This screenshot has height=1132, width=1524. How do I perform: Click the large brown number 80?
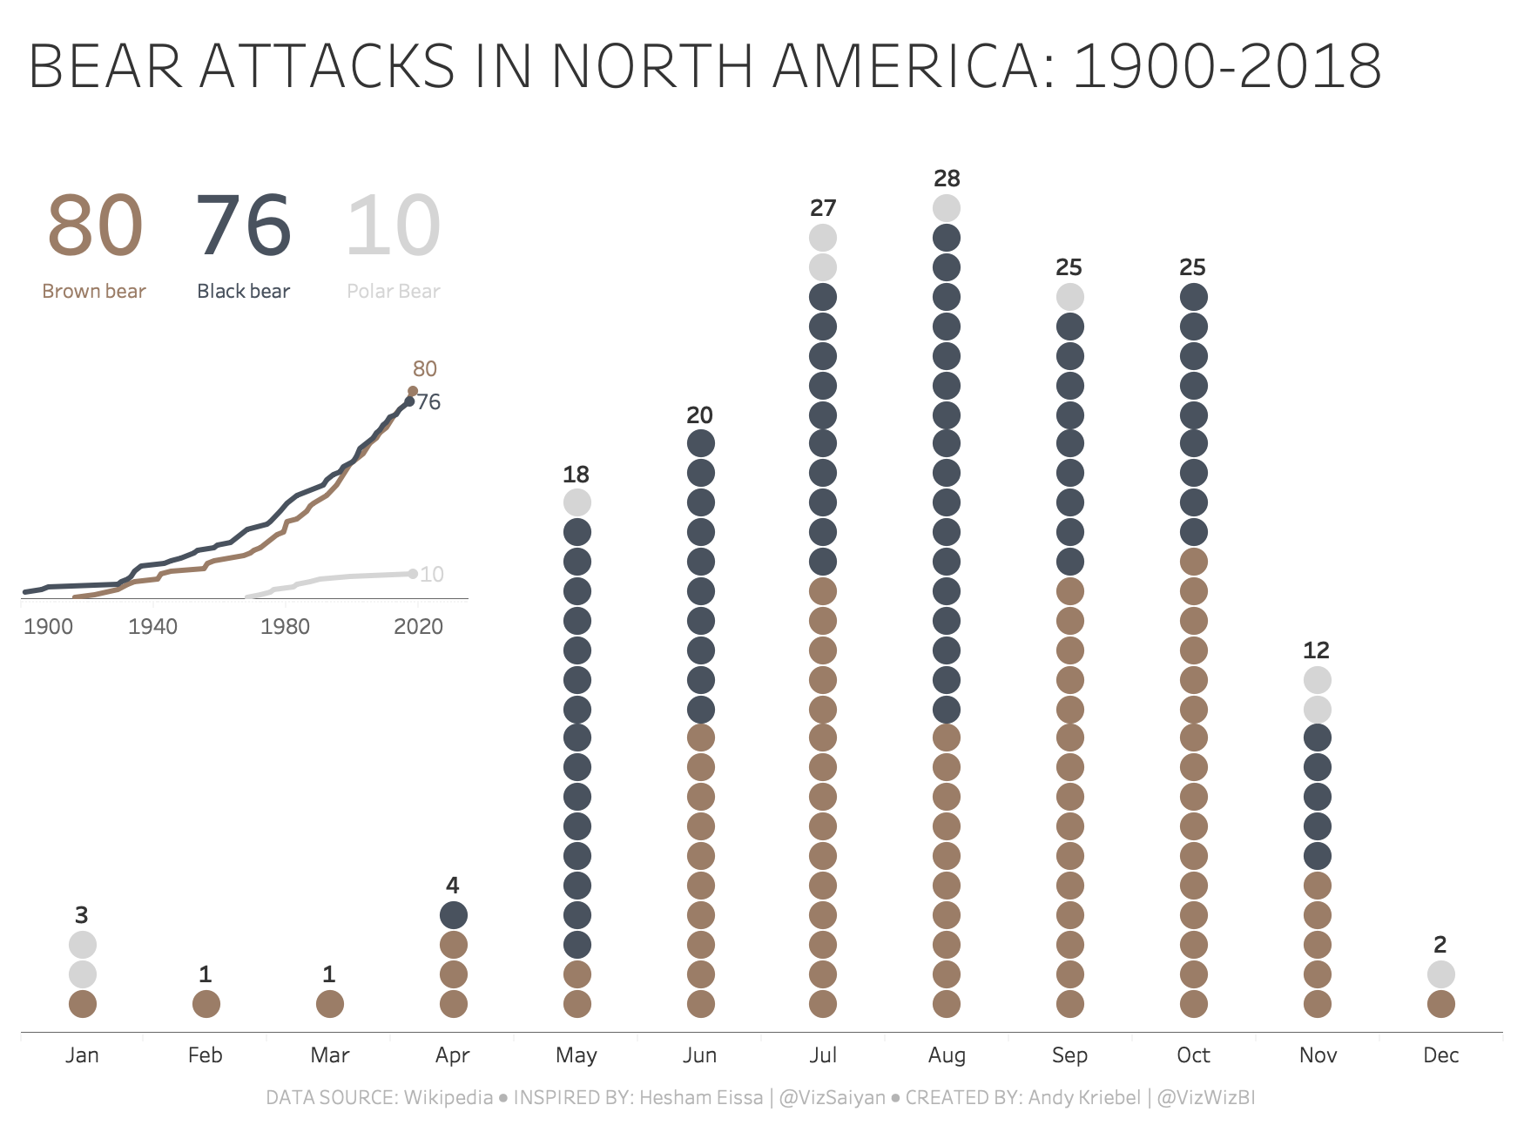[95, 226]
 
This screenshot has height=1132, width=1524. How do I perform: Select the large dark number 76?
[244, 226]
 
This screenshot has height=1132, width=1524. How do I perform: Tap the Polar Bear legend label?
[394, 291]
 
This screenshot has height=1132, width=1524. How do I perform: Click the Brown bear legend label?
[94, 291]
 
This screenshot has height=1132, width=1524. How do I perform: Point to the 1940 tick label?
[152, 626]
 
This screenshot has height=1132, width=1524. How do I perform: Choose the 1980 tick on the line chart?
[285, 626]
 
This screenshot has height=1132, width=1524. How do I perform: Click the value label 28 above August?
[947, 179]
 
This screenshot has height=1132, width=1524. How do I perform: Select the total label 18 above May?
[576, 475]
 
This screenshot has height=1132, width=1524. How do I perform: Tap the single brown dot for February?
[206, 1004]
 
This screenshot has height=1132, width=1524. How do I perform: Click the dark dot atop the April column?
[453, 915]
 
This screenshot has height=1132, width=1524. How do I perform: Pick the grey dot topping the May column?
[577, 502]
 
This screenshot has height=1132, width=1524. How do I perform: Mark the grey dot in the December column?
[1441, 974]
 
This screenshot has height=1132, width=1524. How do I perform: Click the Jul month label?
[823, 1055]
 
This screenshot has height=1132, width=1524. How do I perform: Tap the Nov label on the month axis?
[1318, 1055]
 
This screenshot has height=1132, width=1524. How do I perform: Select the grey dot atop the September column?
[1070, 297]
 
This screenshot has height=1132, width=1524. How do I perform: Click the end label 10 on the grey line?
[432, 574]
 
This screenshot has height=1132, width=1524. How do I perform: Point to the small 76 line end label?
[428, 401]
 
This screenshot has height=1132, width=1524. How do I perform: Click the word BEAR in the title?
[105, 66]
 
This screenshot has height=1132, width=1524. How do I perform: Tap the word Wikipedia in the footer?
[448, 1097]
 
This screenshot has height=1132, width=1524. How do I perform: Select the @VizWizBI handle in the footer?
[1206, 1097]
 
